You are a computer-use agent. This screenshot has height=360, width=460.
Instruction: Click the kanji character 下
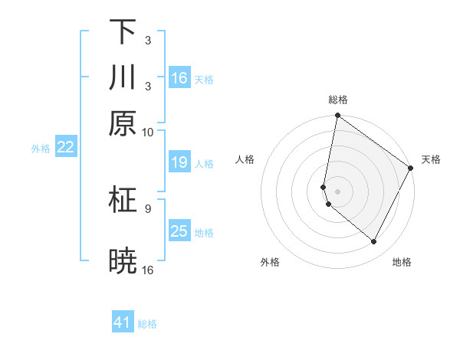click(123, 32)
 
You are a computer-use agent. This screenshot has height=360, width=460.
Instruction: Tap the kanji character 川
click(123, 78)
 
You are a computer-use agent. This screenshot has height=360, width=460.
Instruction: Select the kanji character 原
click(123, 123)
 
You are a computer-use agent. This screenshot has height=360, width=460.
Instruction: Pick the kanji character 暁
click(123, 262)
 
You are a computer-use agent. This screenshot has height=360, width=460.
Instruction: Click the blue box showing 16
click(179, 78)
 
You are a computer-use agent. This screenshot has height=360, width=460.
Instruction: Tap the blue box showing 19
click(179, 162)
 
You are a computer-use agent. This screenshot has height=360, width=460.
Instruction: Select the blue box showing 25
click(179, 231)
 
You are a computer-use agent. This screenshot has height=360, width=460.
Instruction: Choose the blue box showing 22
click(65, 148)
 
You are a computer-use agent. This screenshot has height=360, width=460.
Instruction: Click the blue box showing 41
click(123, 322)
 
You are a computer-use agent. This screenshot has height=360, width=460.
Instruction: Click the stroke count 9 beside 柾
click(147, 208)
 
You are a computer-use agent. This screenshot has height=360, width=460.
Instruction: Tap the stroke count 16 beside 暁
click(148, 270)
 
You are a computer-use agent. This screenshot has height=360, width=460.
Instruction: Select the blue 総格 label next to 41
click(147, 324)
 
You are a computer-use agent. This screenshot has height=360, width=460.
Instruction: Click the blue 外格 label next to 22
click(40, 149)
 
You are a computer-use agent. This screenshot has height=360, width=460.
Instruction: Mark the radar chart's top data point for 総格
click(337, 116)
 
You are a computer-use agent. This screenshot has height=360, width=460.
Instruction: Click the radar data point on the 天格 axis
click(411, 168)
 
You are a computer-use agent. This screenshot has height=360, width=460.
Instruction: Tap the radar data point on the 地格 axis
click(374, 242)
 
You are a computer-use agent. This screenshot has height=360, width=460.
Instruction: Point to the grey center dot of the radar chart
click(337, 191)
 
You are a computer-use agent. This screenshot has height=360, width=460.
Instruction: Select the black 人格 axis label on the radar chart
click(245, 159)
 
